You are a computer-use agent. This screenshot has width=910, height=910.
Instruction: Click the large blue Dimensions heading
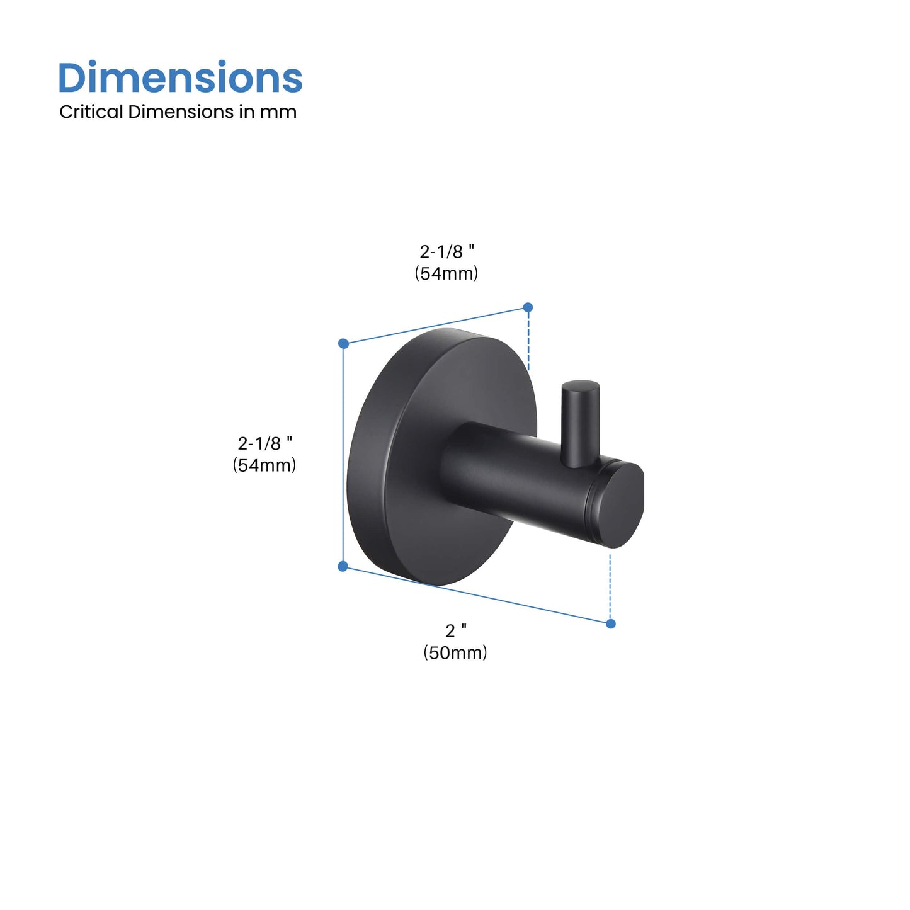tap(180, 77)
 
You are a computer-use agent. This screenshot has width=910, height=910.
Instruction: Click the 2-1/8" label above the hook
tap(446, 252)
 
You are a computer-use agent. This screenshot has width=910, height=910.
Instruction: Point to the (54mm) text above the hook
tap(446, 273)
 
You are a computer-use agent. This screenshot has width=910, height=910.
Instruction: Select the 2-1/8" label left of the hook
tap(264, 443)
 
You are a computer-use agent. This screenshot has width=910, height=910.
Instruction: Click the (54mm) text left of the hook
tap(264, 465)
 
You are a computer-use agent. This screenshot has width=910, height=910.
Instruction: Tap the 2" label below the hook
tap(456, 631)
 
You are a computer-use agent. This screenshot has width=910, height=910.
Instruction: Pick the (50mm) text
tap(455, 652)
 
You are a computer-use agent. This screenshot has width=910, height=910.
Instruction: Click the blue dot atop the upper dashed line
tap(528, 307)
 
